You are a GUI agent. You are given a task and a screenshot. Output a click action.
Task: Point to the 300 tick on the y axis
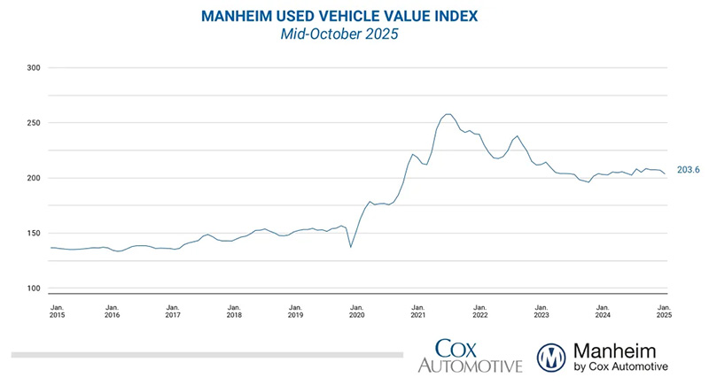(x=35, y=67)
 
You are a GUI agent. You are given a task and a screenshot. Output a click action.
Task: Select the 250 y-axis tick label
(x=35, y=122)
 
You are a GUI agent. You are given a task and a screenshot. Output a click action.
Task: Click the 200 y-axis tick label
(x=35, y=178)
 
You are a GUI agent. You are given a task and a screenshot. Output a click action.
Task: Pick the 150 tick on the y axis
(x=35, y=234)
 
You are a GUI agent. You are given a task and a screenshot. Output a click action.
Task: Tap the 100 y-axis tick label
(x=35, y=289)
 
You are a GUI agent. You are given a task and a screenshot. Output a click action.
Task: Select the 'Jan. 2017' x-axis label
(x=174, y=310)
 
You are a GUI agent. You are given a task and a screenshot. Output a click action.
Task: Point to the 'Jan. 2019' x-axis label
(x=296, y=310)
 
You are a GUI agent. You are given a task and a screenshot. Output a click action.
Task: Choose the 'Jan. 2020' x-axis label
(x=357, y=310)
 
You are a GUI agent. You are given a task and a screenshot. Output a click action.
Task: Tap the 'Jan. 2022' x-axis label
(x=479, y=310)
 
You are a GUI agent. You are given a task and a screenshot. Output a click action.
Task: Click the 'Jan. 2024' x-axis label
(x=602, y=310)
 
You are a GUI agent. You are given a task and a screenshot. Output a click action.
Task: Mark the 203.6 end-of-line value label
(x=688, y=170)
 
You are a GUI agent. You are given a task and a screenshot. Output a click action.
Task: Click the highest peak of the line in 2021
(x=448, y=114)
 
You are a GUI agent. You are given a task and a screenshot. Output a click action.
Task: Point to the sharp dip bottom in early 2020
(x=350, y=246)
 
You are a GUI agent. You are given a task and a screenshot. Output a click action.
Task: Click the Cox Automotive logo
(x=469, y=355)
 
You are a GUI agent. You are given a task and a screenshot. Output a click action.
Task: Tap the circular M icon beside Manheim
(x=554, y=356)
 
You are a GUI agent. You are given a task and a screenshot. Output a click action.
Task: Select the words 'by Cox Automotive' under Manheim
(x=620, y=366)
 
